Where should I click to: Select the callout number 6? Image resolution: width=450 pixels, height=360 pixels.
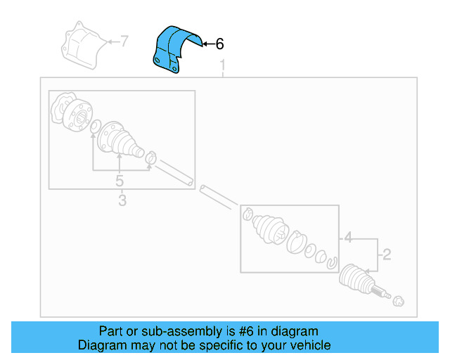pyautogui.click(x=219, y=44)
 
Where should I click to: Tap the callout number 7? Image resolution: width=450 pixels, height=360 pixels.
pyautogui.click(x=124, y=41)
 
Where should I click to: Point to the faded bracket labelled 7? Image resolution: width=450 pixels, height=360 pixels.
pyautogui.click(x=83, y=46)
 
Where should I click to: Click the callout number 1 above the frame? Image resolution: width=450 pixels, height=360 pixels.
pyautogui.click(x=223, y=67)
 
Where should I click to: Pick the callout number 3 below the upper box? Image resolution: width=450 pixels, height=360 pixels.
pyautogui.click(x=122, y=202)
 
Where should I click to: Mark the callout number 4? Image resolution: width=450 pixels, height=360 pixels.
pyautogui.click(x=347, y=238)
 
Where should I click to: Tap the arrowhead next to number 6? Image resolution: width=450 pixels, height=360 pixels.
pyautogui.click(x=205, y=44)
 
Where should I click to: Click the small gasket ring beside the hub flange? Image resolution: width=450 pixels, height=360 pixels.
pyautogui.click(x=94, y=127)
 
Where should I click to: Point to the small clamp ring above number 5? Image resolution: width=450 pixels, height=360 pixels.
pyautogui.click(x=150, y=157)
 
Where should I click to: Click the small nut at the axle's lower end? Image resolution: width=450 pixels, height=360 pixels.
pyautogui.click(x=397, y=302)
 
